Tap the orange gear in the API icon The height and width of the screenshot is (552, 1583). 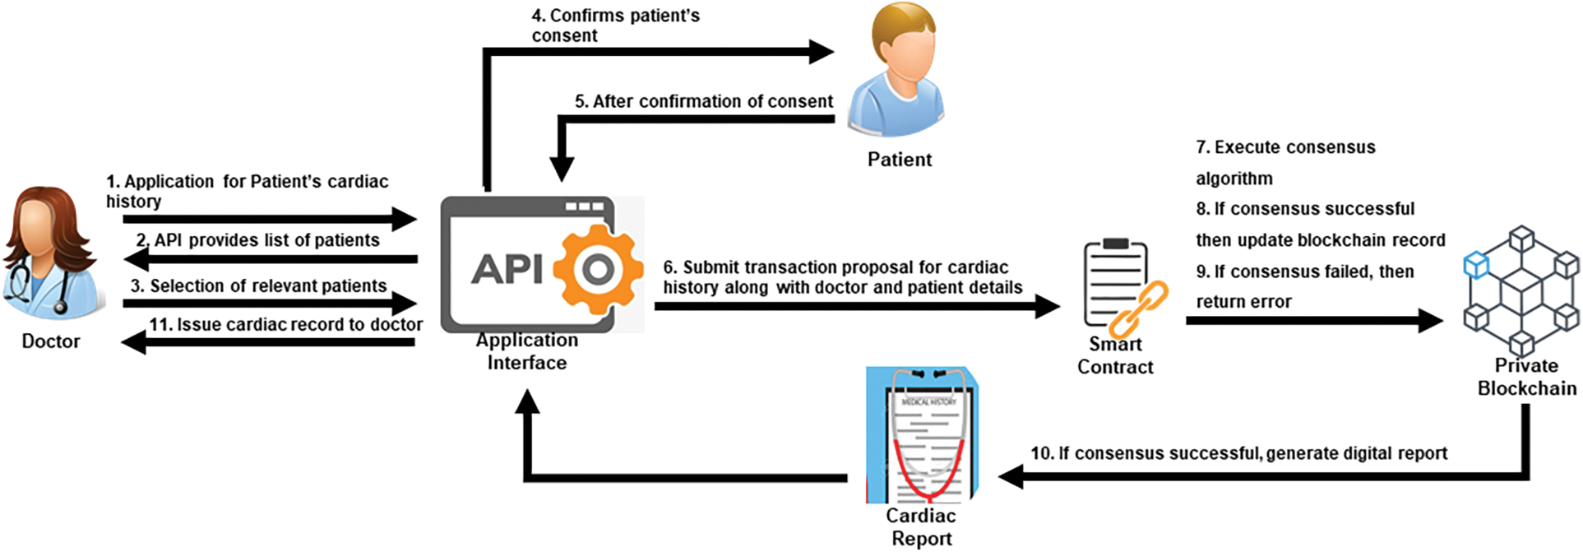click(x=599, y=269)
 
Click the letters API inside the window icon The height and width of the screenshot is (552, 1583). click(x=507, y=269)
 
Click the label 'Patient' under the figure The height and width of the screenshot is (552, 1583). click(x=900, y=160)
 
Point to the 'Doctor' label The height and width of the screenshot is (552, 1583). click(x=51, y=341)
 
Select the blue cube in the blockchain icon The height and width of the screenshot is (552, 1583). click(x=1476, y=265)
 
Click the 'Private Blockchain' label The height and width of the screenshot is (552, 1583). click(x=1527, y=377)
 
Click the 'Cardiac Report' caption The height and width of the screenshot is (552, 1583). click(x=921, y=527)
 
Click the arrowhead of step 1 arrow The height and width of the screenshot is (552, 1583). click(x=405, y=219)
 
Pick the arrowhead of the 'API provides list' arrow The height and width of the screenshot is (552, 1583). click(x=135, y=259)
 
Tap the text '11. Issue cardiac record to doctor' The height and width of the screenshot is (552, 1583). click(x=286, y=324)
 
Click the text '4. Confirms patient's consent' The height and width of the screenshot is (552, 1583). click(x=616, y=26)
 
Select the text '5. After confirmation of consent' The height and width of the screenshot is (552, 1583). click(x=704, y=101)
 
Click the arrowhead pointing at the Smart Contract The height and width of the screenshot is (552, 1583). click(x=1047, y=306)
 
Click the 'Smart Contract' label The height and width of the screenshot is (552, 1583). click(x=1115, y=355)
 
